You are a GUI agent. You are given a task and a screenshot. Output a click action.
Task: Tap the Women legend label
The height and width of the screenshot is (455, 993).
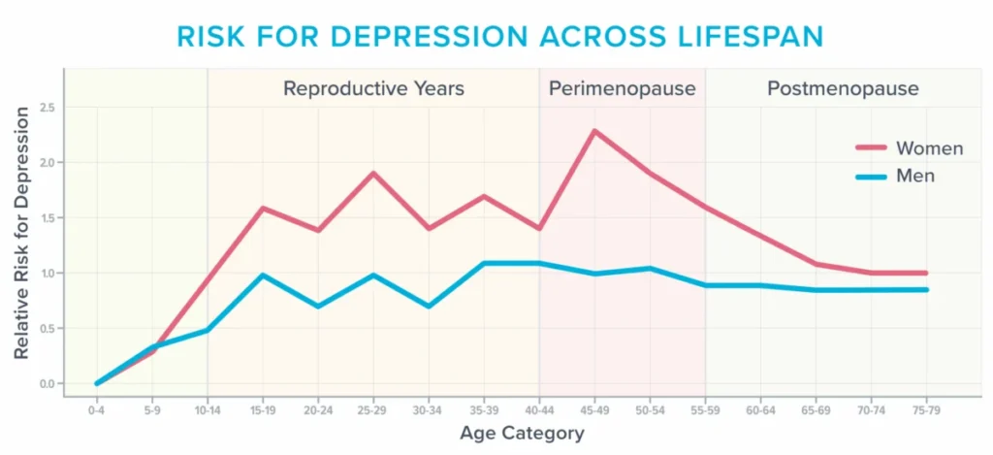[929, 148]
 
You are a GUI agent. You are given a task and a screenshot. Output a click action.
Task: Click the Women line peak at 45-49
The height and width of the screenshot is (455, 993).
[594, 130]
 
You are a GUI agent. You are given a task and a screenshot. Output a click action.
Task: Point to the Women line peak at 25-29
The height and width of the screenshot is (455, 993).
[373, 173]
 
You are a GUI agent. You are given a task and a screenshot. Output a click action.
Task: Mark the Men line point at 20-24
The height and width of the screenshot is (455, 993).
[318, 306]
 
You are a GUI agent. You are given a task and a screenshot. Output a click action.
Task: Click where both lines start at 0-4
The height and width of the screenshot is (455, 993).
[97, 383]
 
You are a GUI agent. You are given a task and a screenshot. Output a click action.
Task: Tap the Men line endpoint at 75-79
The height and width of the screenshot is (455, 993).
[926, 289]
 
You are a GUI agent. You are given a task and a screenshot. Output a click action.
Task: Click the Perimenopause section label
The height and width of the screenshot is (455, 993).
[622, 89]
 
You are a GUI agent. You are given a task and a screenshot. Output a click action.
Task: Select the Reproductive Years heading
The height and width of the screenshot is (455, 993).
[373, 89]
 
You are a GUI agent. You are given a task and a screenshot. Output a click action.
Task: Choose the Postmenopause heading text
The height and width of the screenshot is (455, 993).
[842, 89]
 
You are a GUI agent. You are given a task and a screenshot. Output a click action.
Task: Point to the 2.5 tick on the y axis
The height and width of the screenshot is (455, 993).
[48, 108]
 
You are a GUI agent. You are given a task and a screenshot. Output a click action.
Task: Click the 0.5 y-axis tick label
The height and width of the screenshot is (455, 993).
[48, 329]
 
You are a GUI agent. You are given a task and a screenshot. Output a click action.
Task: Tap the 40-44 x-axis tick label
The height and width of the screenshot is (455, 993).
[539, 411]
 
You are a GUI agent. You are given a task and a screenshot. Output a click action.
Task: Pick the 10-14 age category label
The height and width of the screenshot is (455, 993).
[208, 411]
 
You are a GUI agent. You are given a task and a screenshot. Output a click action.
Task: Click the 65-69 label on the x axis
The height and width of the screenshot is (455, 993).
[816, 411]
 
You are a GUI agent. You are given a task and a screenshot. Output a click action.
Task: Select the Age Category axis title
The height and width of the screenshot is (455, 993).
[522, 433]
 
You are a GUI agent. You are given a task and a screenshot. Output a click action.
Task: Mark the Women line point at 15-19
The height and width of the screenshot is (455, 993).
[263, 208]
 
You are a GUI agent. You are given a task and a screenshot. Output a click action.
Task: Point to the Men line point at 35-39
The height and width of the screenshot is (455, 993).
[484, 263]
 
